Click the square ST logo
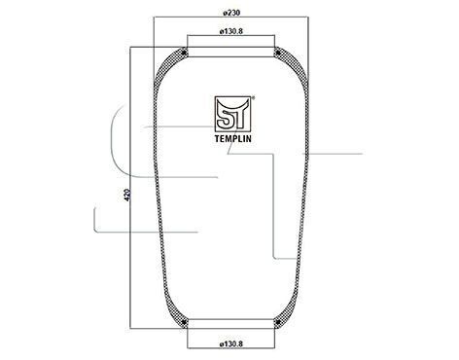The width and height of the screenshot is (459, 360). coord(231,113)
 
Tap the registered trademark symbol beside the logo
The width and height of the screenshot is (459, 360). coord(253,96)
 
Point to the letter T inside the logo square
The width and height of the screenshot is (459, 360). coord(239,114)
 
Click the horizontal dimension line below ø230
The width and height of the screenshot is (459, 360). coord(230,19)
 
